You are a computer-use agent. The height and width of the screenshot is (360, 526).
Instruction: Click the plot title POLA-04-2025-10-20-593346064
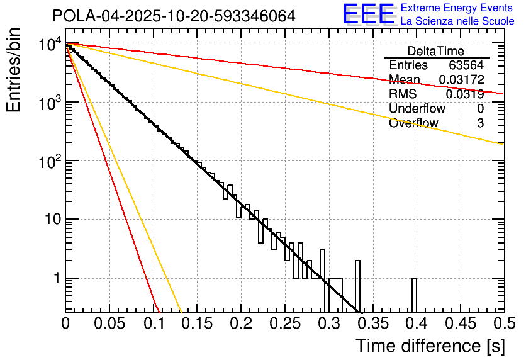174,16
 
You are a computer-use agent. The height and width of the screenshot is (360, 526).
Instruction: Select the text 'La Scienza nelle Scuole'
457,21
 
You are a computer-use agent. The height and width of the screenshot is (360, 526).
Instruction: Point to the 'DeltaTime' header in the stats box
436,51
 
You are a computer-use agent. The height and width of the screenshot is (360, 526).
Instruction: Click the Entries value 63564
466,65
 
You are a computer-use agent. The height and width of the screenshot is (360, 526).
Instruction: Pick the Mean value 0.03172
461,80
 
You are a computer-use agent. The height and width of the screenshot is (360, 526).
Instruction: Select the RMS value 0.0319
465,94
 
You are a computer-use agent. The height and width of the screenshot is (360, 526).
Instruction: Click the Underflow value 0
481,109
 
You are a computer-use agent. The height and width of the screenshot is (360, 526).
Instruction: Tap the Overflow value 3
481,123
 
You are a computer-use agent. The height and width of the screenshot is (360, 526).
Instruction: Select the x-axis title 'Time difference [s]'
429,346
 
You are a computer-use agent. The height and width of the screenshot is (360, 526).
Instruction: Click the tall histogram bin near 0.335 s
357,286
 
